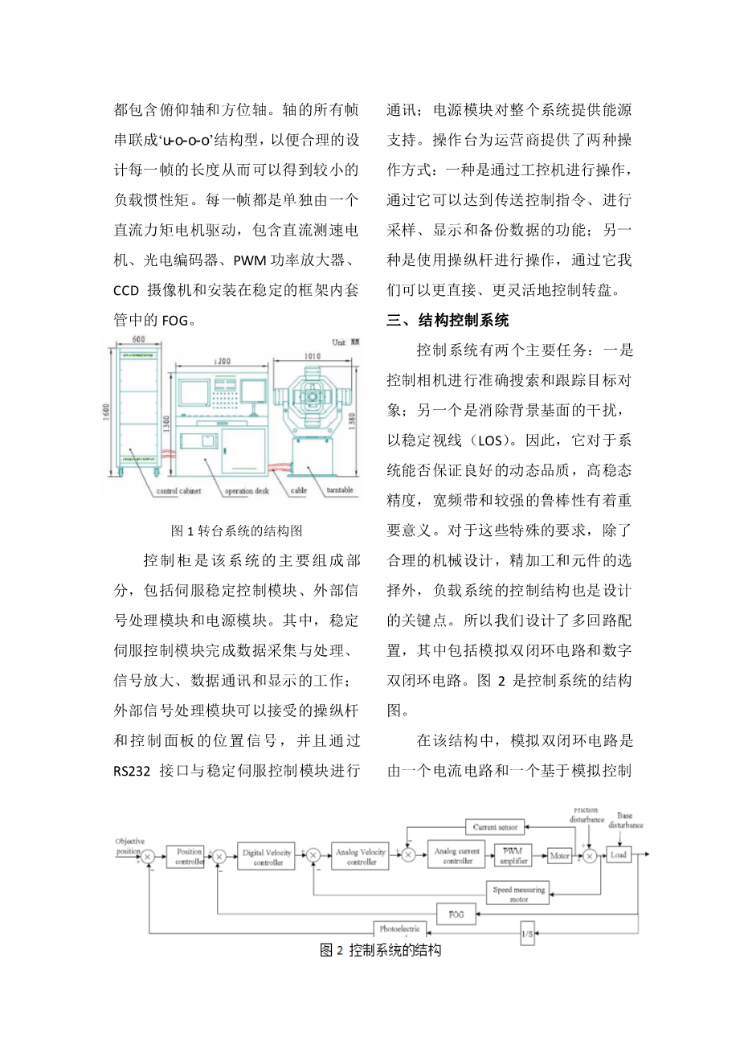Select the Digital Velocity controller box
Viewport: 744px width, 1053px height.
point(268,858)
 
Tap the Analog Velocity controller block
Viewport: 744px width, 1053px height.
point(361,857)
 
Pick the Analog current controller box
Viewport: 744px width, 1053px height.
point(457,856)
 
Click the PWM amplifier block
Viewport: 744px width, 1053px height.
point(513,856)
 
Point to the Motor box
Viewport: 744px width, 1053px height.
point(559,856)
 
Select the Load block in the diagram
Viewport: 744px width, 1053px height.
point(618,855)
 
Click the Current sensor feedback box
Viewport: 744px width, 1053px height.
point(495,826)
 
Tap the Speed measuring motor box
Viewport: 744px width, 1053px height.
point(518,894)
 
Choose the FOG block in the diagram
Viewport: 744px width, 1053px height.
point(456,915)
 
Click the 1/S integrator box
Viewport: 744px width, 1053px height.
point(527,935)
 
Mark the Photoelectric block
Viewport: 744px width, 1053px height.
point(399,930)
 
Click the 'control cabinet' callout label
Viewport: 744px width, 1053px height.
point(178,490)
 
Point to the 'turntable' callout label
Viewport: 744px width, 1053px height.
point(340,490)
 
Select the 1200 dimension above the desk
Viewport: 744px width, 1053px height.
point(223,361)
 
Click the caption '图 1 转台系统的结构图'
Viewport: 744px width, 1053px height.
point(237,531)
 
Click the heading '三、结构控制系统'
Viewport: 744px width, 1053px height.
point(448,321)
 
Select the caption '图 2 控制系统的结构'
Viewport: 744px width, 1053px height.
point(380,951)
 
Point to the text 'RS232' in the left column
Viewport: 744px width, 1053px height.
point(132,772)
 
